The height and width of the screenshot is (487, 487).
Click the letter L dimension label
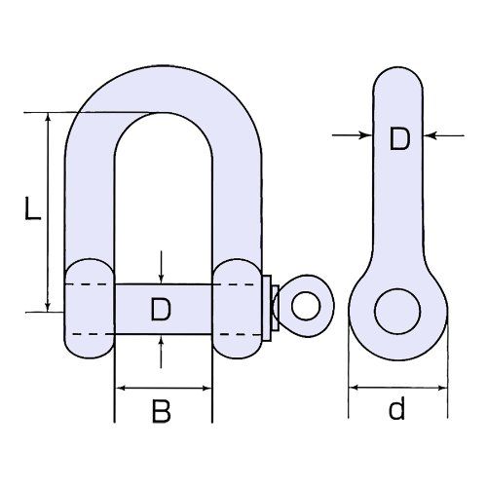[33, 208]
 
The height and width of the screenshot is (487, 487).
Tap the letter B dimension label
[161, 411]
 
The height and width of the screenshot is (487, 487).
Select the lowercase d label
[396, 407]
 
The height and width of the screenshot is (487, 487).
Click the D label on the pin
[161, 310]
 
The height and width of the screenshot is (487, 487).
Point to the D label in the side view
[399, 139]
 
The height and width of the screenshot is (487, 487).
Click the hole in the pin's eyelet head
[306, 306]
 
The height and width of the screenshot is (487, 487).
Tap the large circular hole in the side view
[397, 311]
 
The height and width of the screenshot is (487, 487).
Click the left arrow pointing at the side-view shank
[352, 135]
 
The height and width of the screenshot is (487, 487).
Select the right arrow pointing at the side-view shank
[444, 135]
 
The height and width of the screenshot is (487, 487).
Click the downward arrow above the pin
[161, 267]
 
